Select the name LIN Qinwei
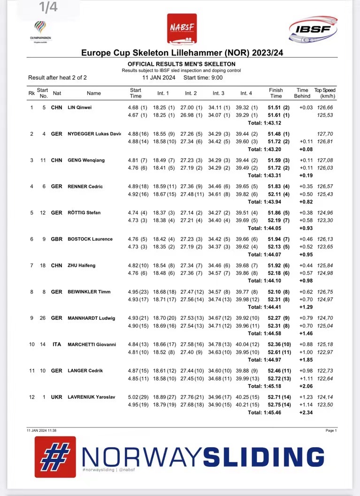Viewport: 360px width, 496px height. tap(80, 108)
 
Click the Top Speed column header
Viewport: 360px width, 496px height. tap(325, 93)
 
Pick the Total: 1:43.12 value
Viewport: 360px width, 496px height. tap(264, 123)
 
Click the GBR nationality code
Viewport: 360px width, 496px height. tap(56, 239)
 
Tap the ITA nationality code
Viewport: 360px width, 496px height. tap(57, 344)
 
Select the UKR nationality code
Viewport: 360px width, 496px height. tap(56, 397)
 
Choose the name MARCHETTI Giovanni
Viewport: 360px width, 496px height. tap(92, 344)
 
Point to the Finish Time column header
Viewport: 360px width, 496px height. tap(276, 93)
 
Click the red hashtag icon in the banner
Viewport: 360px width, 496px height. tap(55, 457)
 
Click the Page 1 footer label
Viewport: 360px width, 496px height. tap(330, 430)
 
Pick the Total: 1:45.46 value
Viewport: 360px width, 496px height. tap(264, 413)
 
